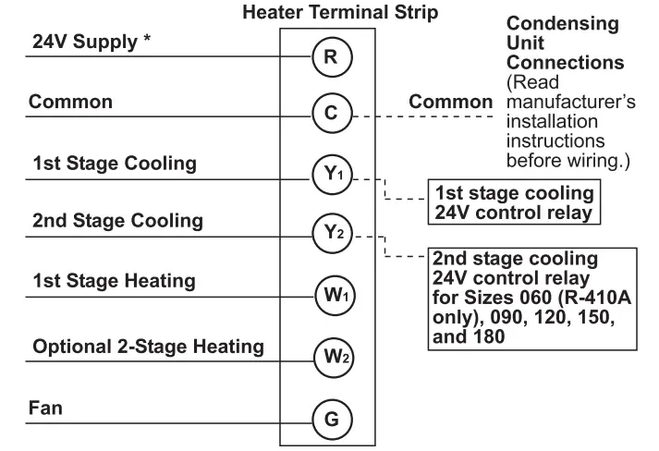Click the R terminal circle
pyautogui.click(x=330, y=56)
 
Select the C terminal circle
pyautogui.click(x=330, y=115)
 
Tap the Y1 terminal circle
pyautogui.click(x=330, y=176)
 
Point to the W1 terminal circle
pyautogui.click(x=330, y=296)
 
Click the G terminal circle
pyautogui.click(x=330, y=419)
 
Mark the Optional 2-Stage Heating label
pyautogui.click(x=149, y=347)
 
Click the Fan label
pyautogui.click(x=46, y=408)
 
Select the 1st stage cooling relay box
pyautogui.click(x=514, y=201)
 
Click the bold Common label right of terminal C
pyautogui.click(x=451, y=102)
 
